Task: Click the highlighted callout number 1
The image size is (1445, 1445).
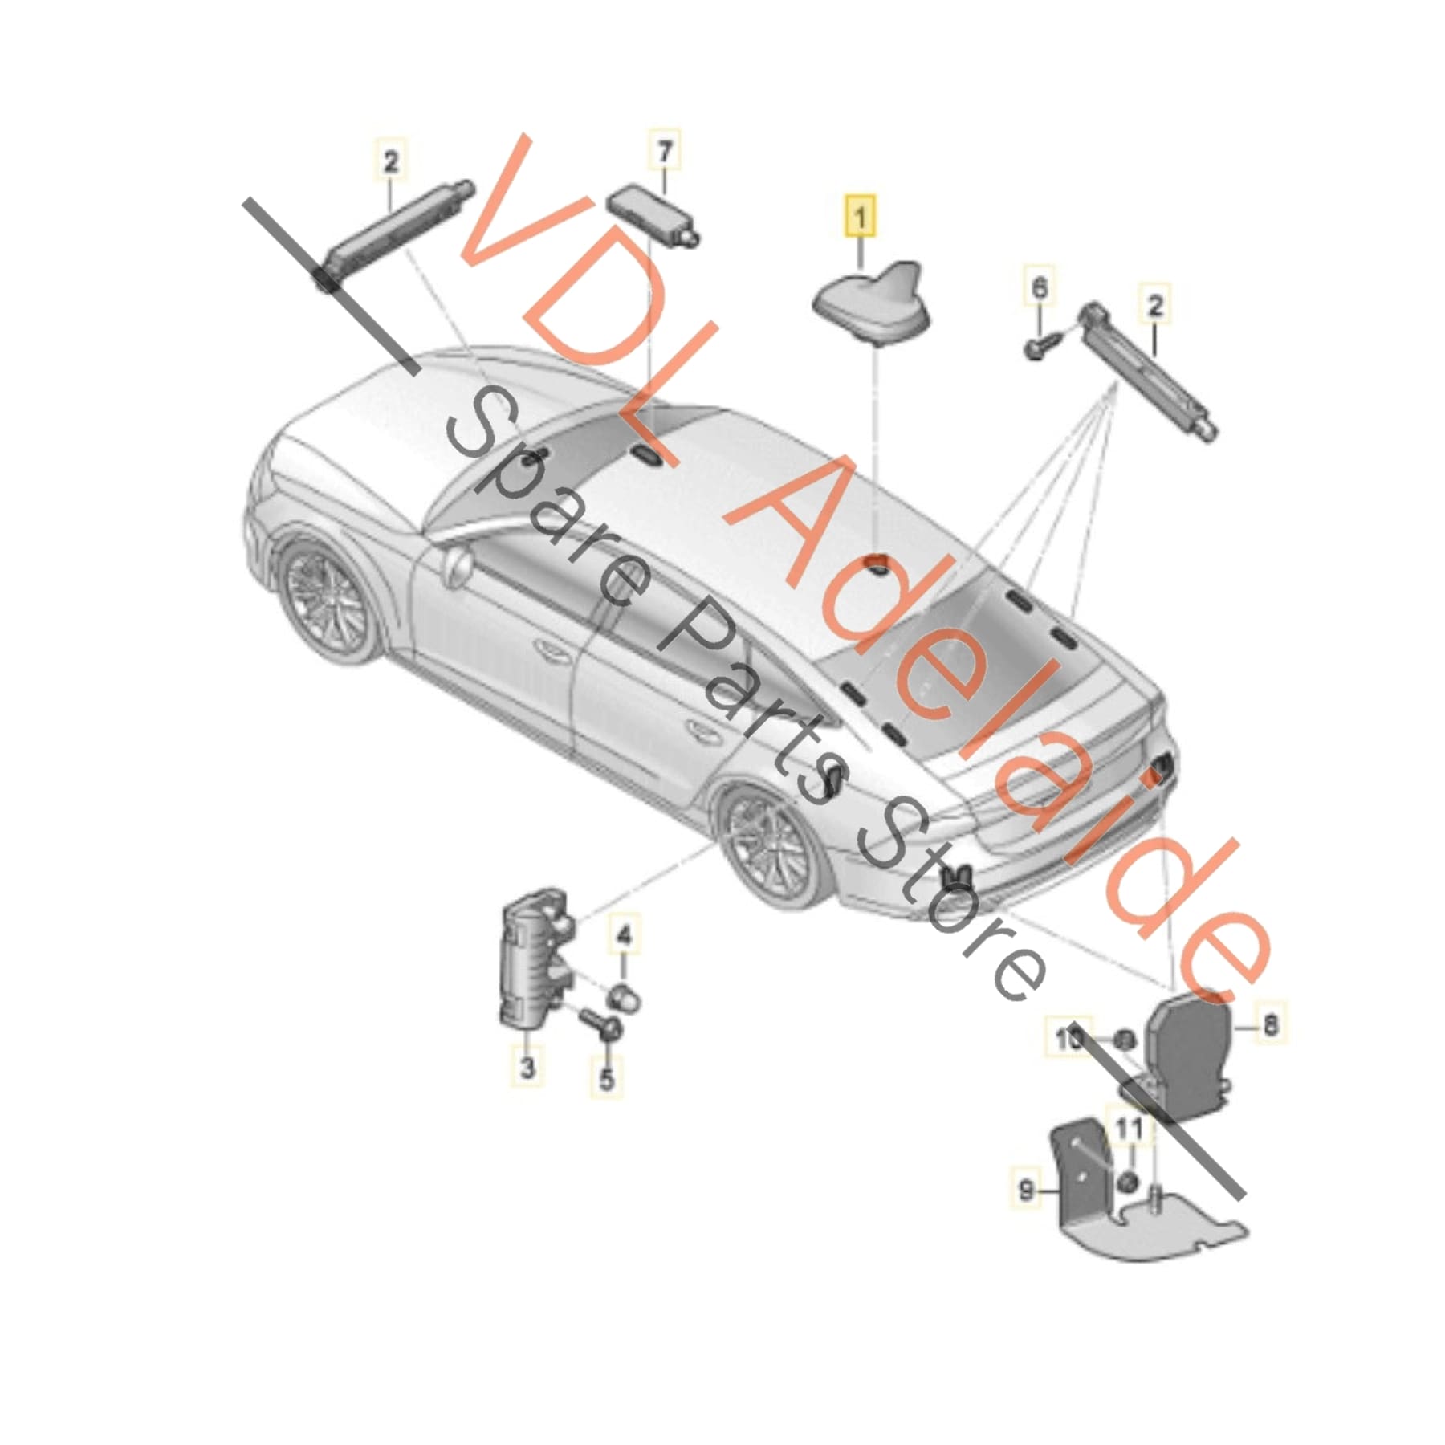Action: pos(860,217)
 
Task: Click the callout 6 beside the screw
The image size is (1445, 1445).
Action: pos(1039,287)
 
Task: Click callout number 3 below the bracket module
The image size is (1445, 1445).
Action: pos(527,1068)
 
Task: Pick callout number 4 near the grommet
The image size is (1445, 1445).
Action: pos(625,934)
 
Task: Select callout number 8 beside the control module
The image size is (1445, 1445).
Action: pos(1269,1025)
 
